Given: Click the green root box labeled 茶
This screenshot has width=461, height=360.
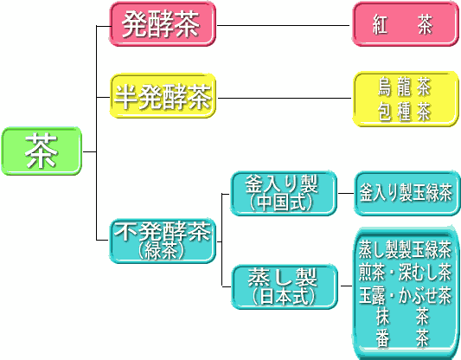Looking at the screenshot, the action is coord(42,151).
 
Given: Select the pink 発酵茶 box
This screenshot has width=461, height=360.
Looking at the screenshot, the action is coord(163,24).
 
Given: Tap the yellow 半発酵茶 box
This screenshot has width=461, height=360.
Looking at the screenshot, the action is coord(163,96).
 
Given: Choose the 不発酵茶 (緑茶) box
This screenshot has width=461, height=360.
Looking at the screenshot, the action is coord(163,241).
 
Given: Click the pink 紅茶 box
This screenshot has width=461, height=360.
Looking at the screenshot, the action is coord(406,24).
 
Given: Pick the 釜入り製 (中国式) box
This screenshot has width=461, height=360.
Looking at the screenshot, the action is coord(284,193).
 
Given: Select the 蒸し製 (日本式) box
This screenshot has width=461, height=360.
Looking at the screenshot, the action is coord(285,286).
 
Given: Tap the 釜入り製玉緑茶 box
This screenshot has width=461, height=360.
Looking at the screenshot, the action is coord(407,194).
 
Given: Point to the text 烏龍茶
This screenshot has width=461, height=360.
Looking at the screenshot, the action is coord(405,87).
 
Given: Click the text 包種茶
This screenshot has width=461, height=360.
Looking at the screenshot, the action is coord(405,112).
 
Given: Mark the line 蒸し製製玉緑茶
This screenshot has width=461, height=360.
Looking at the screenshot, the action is coord(405,250).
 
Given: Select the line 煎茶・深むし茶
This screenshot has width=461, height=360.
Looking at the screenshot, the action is coord(405,272).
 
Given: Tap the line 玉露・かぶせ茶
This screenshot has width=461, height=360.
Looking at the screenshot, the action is coord(405,295).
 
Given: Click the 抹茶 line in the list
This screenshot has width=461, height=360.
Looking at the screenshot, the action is coord(402,317).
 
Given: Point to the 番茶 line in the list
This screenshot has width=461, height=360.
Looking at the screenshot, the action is coord(402,338).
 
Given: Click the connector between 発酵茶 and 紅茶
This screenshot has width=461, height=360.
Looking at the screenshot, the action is coord(283,26).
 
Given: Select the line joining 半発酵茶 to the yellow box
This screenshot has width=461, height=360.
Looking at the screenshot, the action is coord(285,98).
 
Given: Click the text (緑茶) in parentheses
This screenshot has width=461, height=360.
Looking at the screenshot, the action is coord(162,252).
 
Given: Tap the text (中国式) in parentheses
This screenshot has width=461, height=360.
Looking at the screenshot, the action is coord(281,202).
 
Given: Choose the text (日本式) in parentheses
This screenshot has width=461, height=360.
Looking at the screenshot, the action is coord(284,297).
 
